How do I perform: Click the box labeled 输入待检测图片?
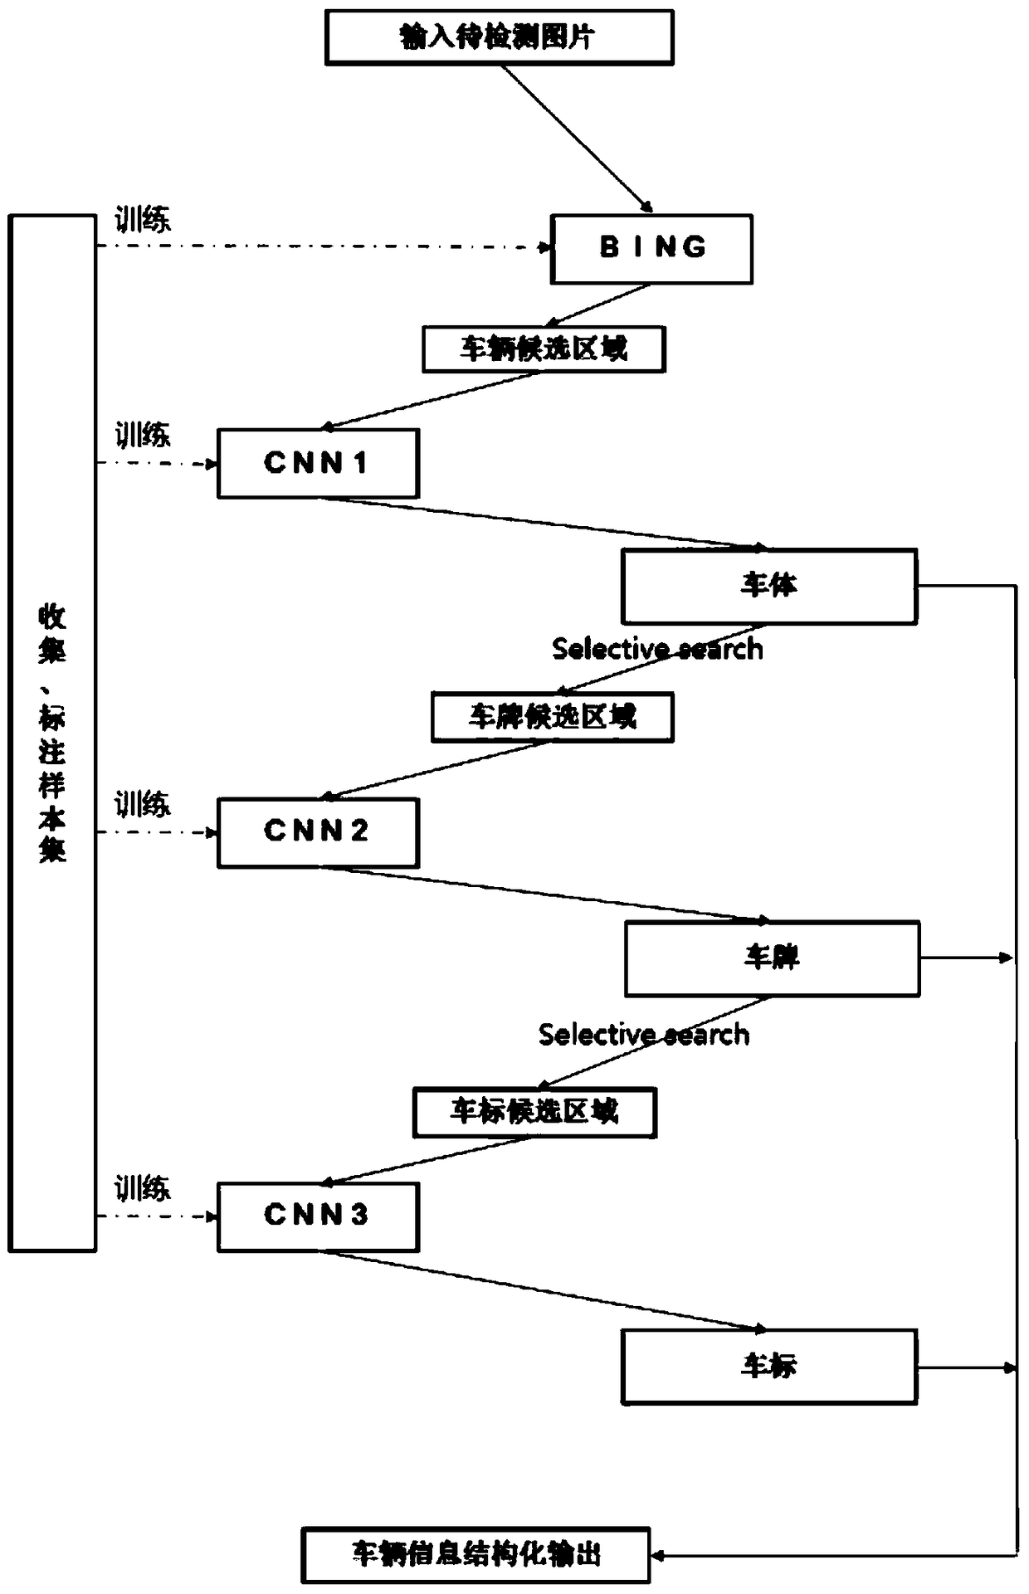pos(499,37)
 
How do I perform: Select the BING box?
pos(651,249)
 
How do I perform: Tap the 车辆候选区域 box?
pos(544,349)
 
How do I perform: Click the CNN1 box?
pos(318,463)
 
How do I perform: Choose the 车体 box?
pos(768,586)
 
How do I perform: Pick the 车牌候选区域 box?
pos(552,717)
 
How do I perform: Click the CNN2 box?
pos(318,832)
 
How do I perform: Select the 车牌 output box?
pos(772,958)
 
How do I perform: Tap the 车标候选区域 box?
pos(534,1112)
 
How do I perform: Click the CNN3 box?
pos(318,1216)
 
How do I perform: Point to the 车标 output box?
pos(768,1367)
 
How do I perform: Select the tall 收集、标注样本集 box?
pos(52,733)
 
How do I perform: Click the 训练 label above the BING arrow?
pos(143,221)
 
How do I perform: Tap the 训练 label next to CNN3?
pos(143,1188)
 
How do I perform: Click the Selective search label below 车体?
pos(657,649)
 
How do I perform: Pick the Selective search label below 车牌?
pos(644,1035)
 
